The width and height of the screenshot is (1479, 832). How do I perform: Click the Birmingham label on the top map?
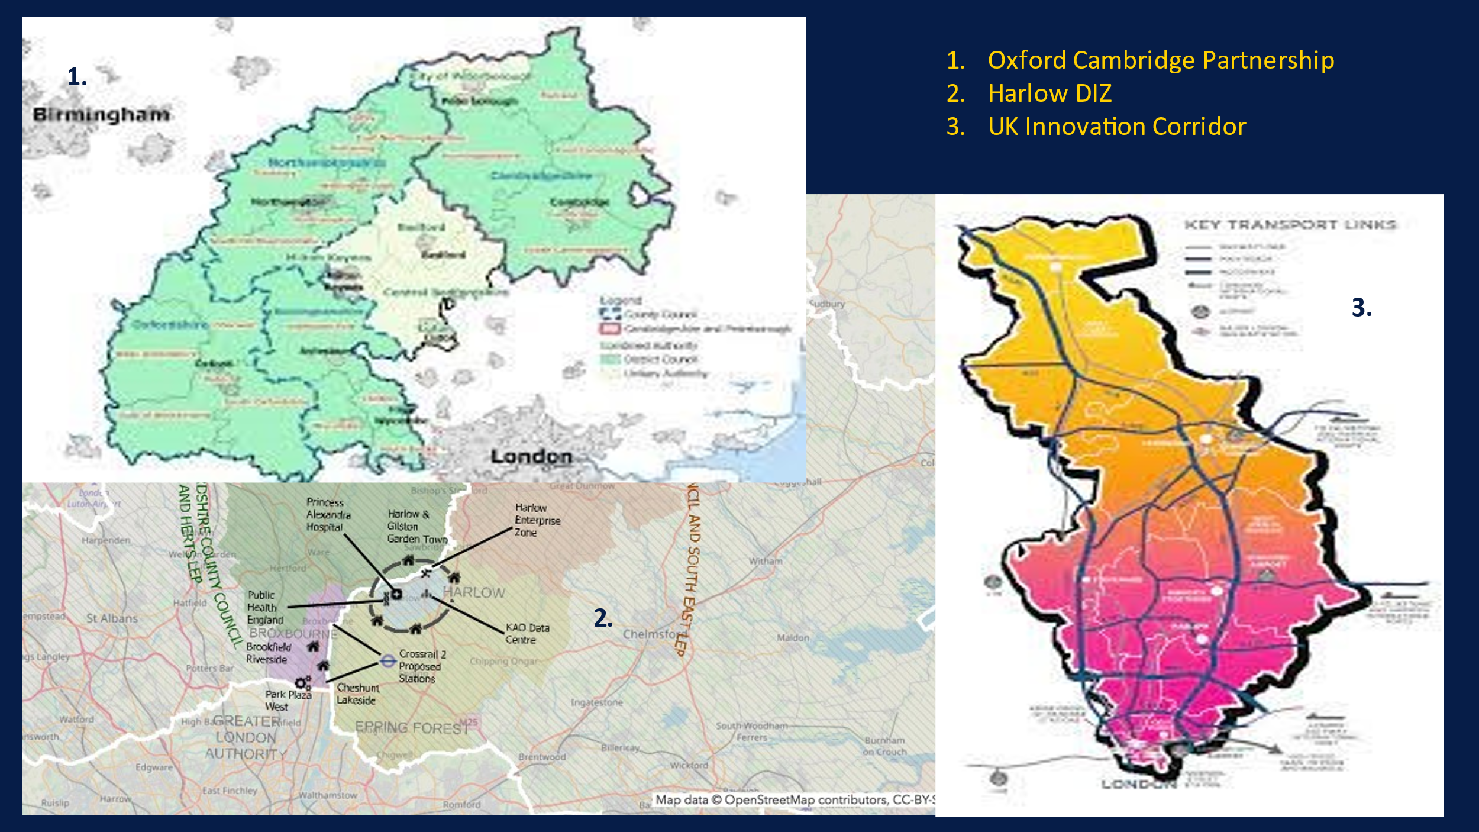pyautogui.click(x=101, y=115)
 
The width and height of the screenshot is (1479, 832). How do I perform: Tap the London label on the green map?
pyautogui.click(x=531, y=457)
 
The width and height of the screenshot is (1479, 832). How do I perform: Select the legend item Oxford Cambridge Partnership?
pyautogui.click(x=1160, y=60)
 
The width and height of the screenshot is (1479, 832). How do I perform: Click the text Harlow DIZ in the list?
pyautogui.click(x=1049, y=93)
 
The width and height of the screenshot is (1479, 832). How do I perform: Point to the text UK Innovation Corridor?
pyautogui.click(x=1116, y=127)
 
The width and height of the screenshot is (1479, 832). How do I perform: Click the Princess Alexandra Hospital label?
pyautogui.click(x=328, y=514)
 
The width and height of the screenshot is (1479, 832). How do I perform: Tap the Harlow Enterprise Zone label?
pyautogui.click(x=537, y=520)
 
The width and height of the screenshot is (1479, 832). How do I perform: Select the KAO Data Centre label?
pyautogui.click(x=527, y=633)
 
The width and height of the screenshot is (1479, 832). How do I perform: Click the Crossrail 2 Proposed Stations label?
pyautogui.click(x=421, y=666)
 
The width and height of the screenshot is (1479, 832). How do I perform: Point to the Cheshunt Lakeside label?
pyautogui.click(x=357, y=694)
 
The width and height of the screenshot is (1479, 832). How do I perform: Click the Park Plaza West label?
pyautogui.click(x=288, y=701)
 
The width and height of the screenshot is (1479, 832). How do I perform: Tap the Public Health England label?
pyautogui.click(x=264, y=608)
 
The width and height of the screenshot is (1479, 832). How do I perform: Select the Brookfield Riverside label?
pyautogui.click(x=268, y=653)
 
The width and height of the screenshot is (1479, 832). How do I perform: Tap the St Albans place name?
pyautogui.click(x=112, y=618)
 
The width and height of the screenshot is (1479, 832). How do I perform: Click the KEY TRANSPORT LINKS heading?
pyautogui.click(x=1290, y=225)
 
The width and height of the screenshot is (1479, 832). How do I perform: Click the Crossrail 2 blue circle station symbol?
pyautogui.click(x=387, y=661)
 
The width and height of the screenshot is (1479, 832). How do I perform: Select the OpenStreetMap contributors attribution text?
pyautogui.click(x=793, y=800)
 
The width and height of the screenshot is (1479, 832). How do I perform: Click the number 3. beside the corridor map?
pyautogui.click(x=1361, y=308)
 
